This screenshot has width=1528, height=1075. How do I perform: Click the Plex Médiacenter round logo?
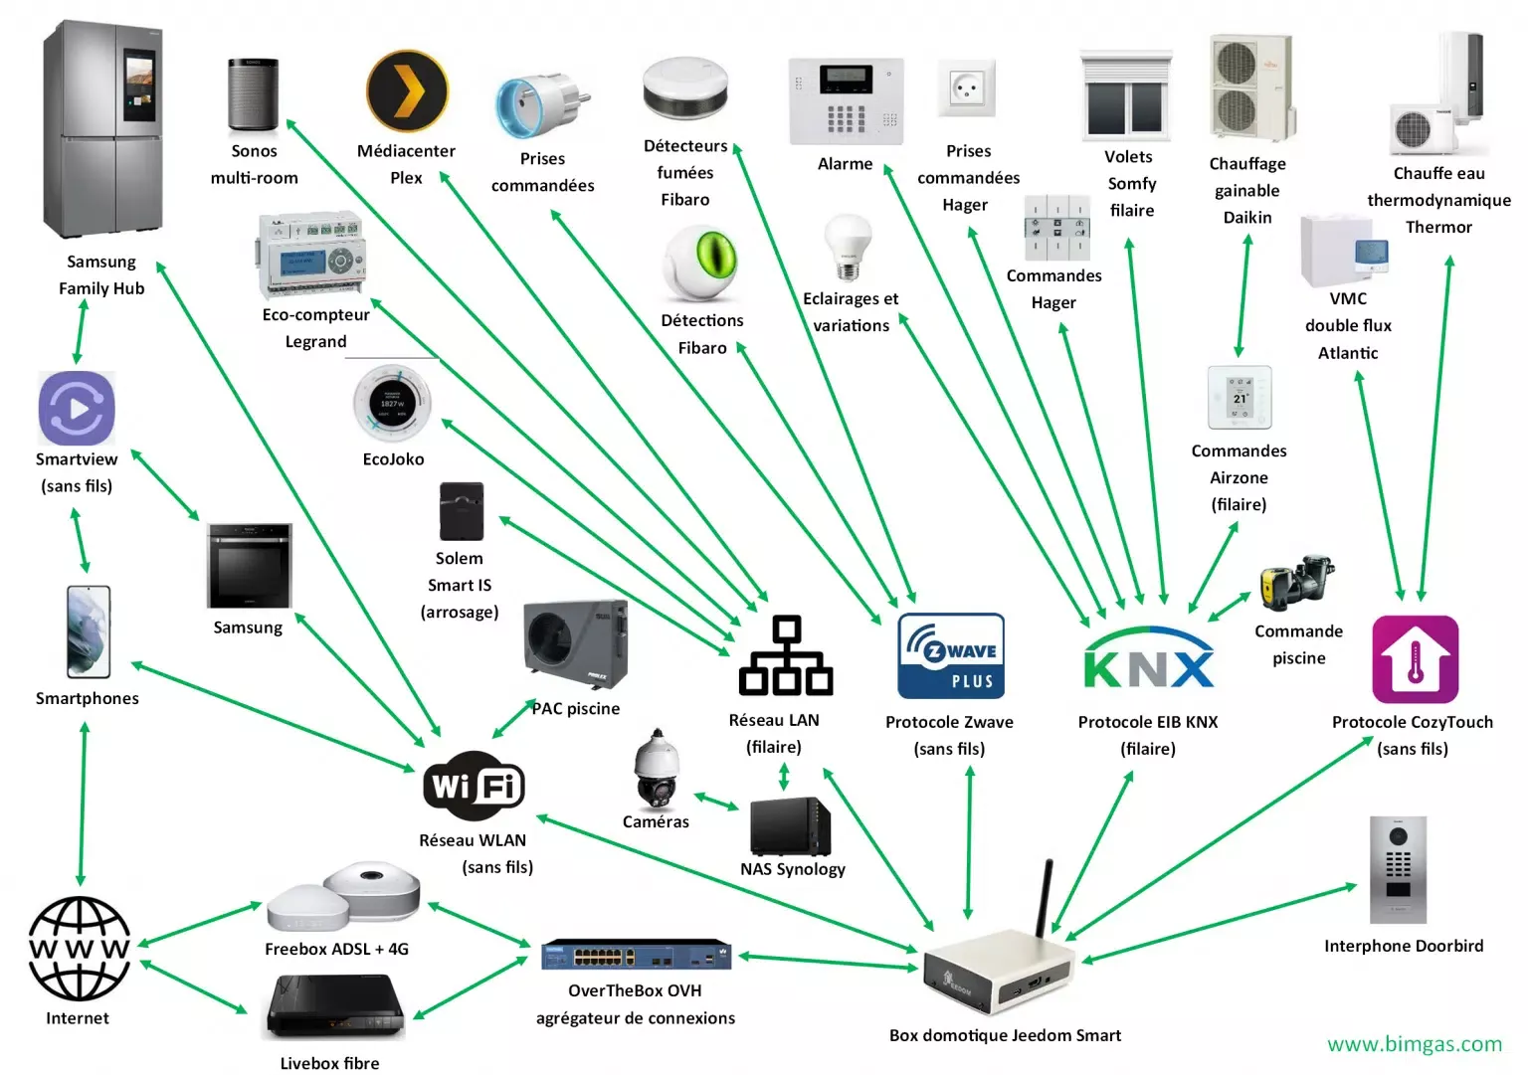(x=407, y=90)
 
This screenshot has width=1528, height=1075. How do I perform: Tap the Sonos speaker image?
(x=253, y=94)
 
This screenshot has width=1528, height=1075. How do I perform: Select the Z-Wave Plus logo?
(x=951, y=655)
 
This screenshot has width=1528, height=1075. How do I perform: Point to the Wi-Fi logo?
(x=475, y=786)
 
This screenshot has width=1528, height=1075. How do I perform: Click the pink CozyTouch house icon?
(x=1416, y=659)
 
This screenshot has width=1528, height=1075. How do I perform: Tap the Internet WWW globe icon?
(x=80, y=948)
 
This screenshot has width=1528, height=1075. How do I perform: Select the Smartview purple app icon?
(x=77, y=409)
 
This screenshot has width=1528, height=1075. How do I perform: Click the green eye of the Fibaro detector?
(x=716, y=255)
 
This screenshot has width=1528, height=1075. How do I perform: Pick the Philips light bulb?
(x=848, y=247)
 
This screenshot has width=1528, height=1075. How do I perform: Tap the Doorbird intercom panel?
(x=1398, y=870)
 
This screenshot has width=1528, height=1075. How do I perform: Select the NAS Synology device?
(x=791, y=825)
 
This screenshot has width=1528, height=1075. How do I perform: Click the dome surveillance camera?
(x=657, y=768)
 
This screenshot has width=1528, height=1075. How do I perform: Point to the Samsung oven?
(x=250, y=566)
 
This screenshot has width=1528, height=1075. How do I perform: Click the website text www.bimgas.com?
(x=1415, y=1044)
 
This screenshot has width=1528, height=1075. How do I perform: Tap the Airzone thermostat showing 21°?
(x=1240, y=397)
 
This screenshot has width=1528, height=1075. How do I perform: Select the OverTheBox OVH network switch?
(x=636, y=955)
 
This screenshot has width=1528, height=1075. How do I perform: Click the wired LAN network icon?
(x=786, y=655)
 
